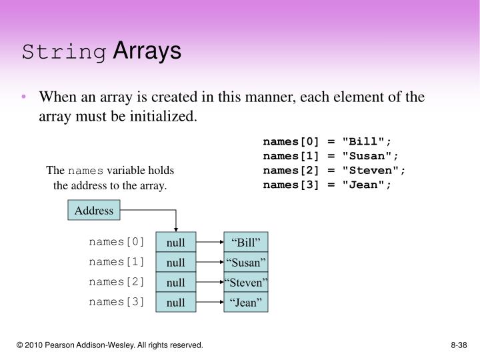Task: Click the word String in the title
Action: (x=64, y=52)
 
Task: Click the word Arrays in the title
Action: (x=147, y=51)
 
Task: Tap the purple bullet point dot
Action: (x=24, y=97)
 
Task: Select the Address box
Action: (x=94, y=210)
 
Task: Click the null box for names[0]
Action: (x=176, y=242)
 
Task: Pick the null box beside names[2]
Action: (x=176, y=282)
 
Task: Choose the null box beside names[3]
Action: (x=176, y=302)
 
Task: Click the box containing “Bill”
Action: (x=246, y=242)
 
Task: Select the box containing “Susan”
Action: (x=246, y=262)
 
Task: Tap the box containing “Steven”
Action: (x=246, y=282)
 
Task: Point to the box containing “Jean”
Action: (x=246, y=302)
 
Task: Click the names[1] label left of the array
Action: (x=116, y=262)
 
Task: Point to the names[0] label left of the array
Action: (x=116, y=242)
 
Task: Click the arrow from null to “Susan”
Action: (x=210, y=262)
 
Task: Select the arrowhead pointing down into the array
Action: (x=176, y=229)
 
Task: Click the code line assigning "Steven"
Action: (x=334, y=171)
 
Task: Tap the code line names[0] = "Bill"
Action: (x=327, y=142)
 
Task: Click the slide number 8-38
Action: (x=459, y=345)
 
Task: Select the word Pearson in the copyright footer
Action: (x=59, y=345)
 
